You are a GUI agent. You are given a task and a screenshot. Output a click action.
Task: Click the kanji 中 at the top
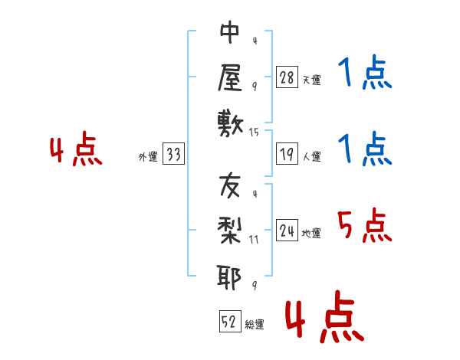pyautogui.click(x=230, y=34)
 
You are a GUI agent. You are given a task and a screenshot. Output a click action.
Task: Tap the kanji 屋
pyautogui.click(x=230, y=77)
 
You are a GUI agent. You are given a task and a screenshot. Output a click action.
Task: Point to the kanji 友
pyautogui.click(x=230, y=187)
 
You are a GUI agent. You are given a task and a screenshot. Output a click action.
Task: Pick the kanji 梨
pyautogui.click(x=230, y=231)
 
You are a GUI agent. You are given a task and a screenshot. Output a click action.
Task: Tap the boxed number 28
pyautogui.click(x=286, y=77)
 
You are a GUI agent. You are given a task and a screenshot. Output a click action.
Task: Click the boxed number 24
pyautogui.click(x=287, y=231)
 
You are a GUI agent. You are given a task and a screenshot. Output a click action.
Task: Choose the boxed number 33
pyautogui.click(x=173, y=155)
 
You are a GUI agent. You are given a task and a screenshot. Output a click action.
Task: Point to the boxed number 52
pyautogui.click(x=228, y=322)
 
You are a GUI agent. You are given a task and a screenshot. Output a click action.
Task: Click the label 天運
pyautogui.click(x=311, y=80)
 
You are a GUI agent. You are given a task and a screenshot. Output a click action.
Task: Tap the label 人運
pyautogui.click(x=311, y=157)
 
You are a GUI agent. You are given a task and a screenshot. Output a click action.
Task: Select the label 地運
pyautogui.click(x=311, y=234)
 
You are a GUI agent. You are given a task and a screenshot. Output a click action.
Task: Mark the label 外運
pyautogui.click(x=148, y=157)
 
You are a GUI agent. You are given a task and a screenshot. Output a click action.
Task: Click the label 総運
pyautogui.click(x=254, y=325)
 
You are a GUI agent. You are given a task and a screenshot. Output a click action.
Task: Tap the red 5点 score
pyautogui.click(x=363, y=226)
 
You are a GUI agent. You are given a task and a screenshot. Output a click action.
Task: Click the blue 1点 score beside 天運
pyautogui.click(x=364, y=74)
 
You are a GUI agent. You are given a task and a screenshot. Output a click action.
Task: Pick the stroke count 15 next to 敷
pyautogui.click(x=255, y=133)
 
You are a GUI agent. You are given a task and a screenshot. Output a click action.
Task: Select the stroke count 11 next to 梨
pyautogui.click(x=255, y=239)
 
